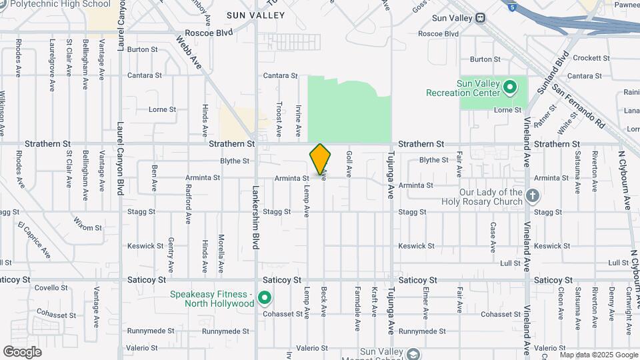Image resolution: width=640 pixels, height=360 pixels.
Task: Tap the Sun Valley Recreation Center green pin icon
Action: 510,87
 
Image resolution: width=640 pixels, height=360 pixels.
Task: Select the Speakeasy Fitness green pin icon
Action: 265,298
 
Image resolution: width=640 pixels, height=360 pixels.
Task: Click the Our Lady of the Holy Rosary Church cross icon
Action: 532,195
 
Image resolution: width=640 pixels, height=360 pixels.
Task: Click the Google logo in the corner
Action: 22,351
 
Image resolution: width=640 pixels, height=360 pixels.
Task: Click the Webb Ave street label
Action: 189,52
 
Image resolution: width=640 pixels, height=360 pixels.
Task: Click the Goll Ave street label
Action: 349,163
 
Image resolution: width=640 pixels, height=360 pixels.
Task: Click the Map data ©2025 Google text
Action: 599,354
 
